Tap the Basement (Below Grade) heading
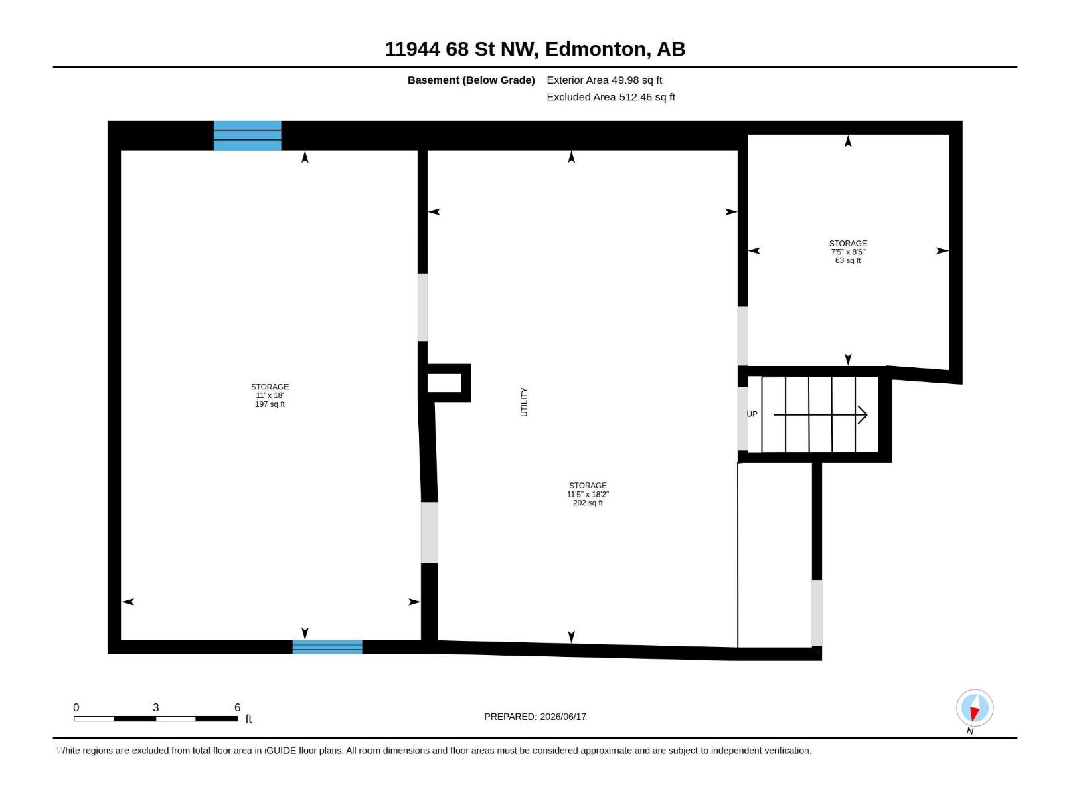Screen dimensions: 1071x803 (x=471, y=80)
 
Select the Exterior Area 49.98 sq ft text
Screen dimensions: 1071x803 (x=604, y=80)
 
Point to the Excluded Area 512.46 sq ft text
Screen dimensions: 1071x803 (x=610, y=97)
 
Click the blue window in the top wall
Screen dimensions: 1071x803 (x=248, y=136)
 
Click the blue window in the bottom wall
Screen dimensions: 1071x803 (x=327, y=646)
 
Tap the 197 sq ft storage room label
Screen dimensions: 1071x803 (x=270, y=395)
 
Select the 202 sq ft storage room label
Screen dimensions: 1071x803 (x=588, y=494)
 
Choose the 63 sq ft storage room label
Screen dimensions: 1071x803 (x=848, y=252)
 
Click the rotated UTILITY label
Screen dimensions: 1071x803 (x=525, y=402)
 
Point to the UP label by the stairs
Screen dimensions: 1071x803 (x=752, y=414)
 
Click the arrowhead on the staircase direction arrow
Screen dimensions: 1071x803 (x=863, y=415)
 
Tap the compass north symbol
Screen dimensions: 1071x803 (x=975, y=707)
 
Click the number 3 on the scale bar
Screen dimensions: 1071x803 (x=156, y=707)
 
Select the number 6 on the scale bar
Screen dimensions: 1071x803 (x=237, y=707)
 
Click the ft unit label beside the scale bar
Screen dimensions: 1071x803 (x=248, y=719)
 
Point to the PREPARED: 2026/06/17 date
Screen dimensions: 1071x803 (x=535, y=717)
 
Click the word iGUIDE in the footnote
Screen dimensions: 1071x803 (x=280, y=751)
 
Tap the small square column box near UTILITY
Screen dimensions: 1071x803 (x=448, y=383)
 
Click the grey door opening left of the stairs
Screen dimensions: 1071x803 (x=742, y=419)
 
